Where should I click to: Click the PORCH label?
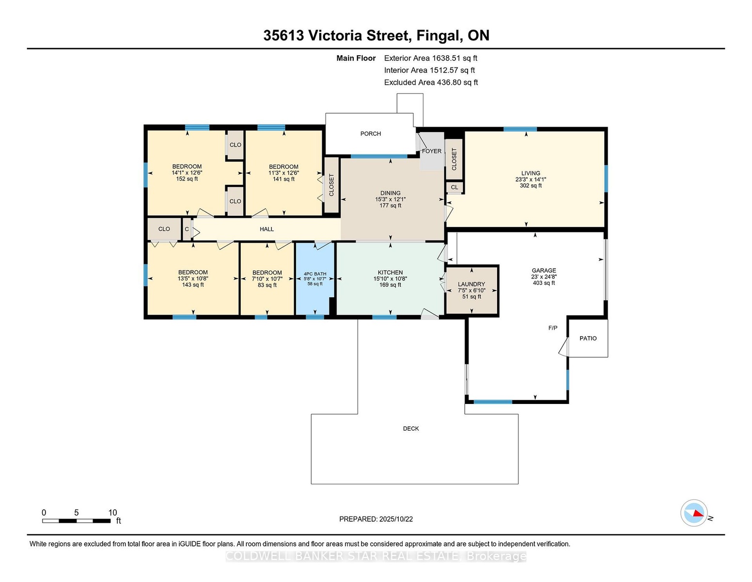click(x=370, y=134)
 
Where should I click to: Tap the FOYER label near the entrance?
click(x=432, y=151)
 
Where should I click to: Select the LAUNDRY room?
click(x=471, y=290)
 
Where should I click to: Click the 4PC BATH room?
click(x=315, y=278)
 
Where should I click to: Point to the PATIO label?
click(x=588, y=338)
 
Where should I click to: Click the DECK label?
click(x=411, y=429)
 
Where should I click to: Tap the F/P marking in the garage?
click(x=553, y=328)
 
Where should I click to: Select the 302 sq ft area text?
click(x=531, y=186)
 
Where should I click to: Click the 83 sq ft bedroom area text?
click(x=267, y=285)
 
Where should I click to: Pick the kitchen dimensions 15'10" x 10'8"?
click(x=390, y=278)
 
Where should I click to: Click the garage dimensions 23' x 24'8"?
click(x=544, y=276)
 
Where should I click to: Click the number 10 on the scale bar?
click(x=112, y=513)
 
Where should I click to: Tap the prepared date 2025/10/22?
click(x=396, y=519)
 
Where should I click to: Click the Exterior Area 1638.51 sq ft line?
click(x=430, y=58)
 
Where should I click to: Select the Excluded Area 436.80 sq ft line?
click(x=431, y=82)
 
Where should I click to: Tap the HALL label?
click(x=266, y=229)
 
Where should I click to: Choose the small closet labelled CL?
click(x=454, y=187)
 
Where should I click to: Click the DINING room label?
click(x=391, y=193)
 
